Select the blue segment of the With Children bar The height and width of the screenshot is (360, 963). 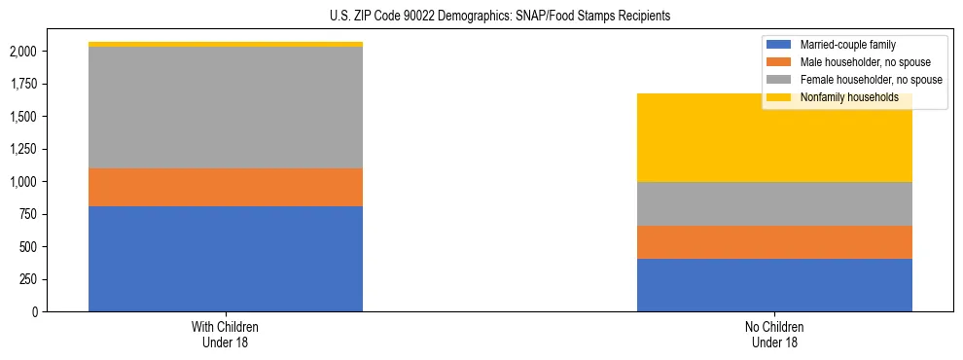pyautogui.click(x=226, y=259)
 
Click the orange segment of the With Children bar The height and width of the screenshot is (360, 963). pyautogui.click(x=226, y=187)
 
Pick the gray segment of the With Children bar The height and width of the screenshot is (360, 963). pyautogui.click(x=226, y=107)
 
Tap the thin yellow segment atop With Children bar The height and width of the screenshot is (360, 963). pyautogui.click(x=226, y=44)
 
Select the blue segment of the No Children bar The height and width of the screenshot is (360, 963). pyautogui.click(x=774, y=285)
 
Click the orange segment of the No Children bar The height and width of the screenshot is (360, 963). pyautogui.click(x=774, y=242)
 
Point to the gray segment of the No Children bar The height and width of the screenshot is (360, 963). pyautogui.click(x=774, y=203)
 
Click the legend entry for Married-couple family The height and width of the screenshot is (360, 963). pyautogui.click(x=846, y=45)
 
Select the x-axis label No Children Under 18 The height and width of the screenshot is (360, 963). pyautogui.click(x=774, y=335)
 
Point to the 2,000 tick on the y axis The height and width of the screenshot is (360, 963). pyautogui.click(x=23, y=52)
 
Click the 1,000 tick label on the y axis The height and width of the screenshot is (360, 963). pyautogui.click(x=23, y=182)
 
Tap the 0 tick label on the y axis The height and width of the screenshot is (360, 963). pyautogui.click(x=35, y=312)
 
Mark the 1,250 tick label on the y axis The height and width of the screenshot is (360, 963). pyautogui.click(x=23, y=150)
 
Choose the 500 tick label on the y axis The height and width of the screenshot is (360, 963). pyautogui.click(x=28, y=247)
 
